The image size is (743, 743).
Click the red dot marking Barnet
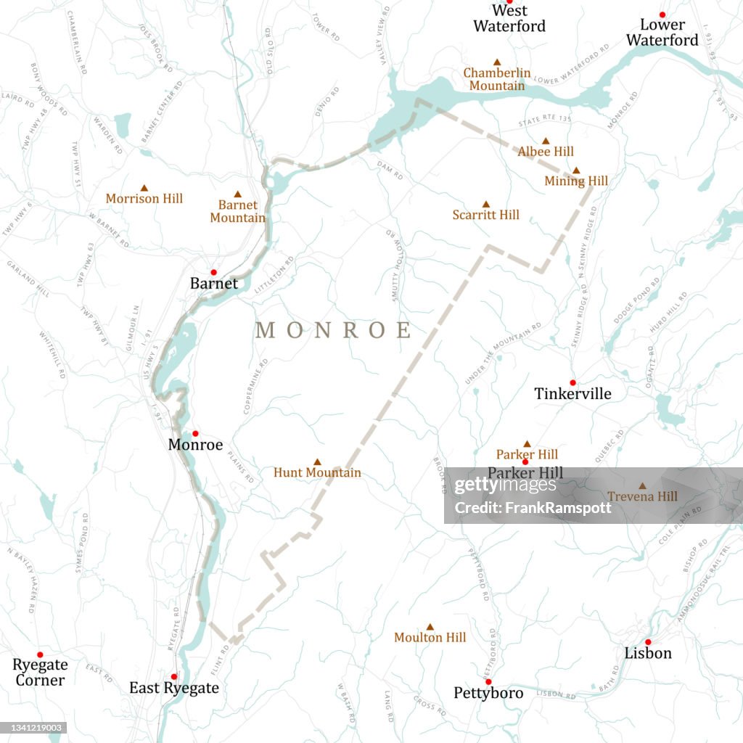pyautogui.click(x=213, y=272)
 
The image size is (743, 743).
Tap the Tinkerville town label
pyautogui.click(x=572, y=394)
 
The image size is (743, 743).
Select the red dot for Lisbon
pyautogui.click(x=648, y=641)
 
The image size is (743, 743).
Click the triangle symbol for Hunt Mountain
pyautogui.click(x=317, y=461)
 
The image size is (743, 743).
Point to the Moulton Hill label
pyautogui.click(x=430, y=638)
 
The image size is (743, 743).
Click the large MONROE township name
pyautogui.click(x=333, y=331)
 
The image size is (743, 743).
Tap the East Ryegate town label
pyautogui.click(x=173, y=688)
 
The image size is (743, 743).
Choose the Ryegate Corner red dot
pyautogui.click(x=40, y=654)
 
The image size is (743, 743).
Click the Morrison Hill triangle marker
pyautogui.click(x=144, y=187)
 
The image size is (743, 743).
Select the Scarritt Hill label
pyautogui.click(x=485, y=215)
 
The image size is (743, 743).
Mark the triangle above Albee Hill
pyautogui.click(x=546, y=141)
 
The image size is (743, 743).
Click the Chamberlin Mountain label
pyautogui.click(x=497, y=80)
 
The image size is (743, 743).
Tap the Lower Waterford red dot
pyautogui.click(x=662, y=15)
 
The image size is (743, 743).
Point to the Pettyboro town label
pyautogui.click(x=488, y=694)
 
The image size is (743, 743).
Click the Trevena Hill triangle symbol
pyautogui.click(x=642, y=486)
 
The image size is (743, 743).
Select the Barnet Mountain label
pyautogui.click(x=237, y=211)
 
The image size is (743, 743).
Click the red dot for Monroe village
pyautogui.click(x=195, y=433)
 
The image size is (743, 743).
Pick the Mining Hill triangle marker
pyautogui.click(x=576, y=171)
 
